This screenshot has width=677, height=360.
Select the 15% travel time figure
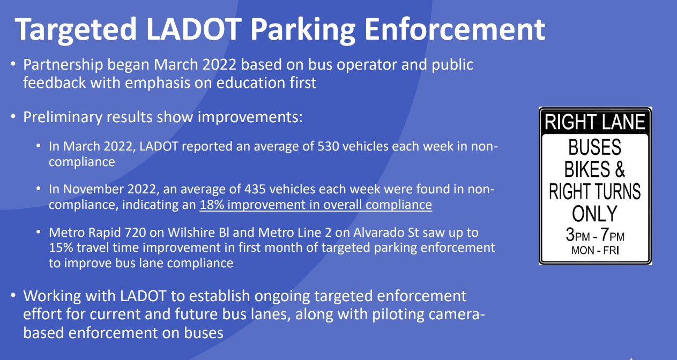click(59, 248)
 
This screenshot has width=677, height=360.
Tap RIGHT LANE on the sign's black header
click(595, 122)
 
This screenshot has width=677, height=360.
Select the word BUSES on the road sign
click(595, 147)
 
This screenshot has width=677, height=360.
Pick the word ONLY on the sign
click(595, 214)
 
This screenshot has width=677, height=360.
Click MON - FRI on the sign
click(595, 250)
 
